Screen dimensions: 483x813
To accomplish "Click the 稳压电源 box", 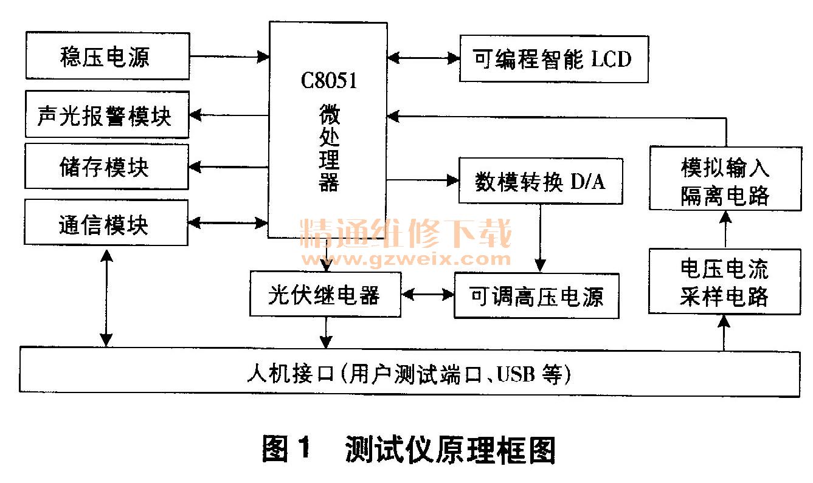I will click(x=107, y=57).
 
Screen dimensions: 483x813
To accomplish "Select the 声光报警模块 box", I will click(x=107, y=115).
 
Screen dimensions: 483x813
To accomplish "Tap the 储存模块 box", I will click(x=107, y=167).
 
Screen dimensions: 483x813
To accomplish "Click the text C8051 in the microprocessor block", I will click(x=328, y=81).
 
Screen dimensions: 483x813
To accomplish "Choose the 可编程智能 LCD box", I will click(x=553, y=59).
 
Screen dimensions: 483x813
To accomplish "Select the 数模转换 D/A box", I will click(x=541, y=181).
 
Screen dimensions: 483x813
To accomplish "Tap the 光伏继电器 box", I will click(x=325, y=295).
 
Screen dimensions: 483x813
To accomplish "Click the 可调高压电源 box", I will click(x=536, y=296).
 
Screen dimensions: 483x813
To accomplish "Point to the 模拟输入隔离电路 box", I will click(x=725, y=179).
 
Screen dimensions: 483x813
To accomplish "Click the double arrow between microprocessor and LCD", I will click(x=424, y=58).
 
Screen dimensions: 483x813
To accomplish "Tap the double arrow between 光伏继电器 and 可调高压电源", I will click(x=427, y=295).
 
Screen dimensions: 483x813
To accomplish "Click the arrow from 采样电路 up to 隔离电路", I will click(x=725, y=229).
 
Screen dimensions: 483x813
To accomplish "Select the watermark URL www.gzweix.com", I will click(x=406, y=259).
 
